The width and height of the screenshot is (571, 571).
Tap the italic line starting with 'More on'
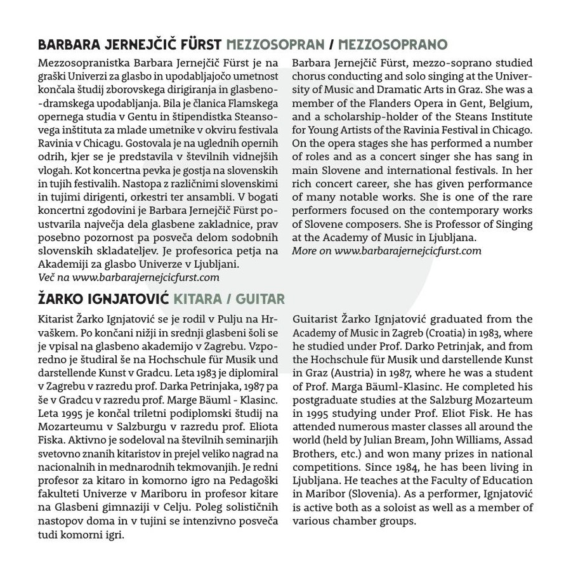click(386, 251)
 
